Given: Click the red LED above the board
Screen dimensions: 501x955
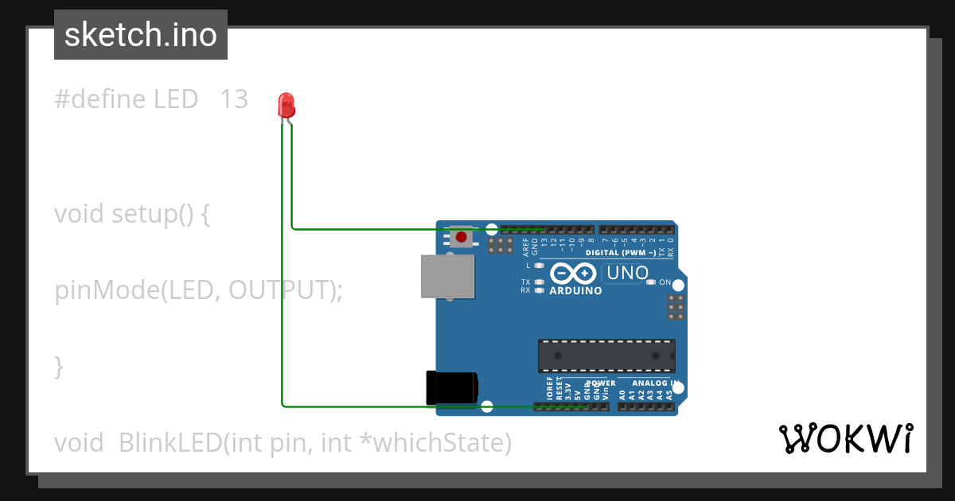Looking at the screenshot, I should click(286, 105).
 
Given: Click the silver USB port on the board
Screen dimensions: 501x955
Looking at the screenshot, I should click(447, 276).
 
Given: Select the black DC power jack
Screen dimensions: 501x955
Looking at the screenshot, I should click(452, 387).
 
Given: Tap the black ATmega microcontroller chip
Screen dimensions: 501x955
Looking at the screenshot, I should click(606, 355).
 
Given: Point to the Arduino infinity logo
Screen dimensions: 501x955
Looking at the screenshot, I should click(572, 274).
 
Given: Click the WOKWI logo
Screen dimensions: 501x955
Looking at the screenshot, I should click(846, 439).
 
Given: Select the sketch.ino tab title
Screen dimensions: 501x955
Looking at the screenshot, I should click(141, 35).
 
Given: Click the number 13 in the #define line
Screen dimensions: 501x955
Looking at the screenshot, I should click(234, 99).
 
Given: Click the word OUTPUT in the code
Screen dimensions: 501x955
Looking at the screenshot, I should click(278, 290).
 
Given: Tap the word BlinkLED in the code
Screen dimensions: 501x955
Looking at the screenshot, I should click(170, 443).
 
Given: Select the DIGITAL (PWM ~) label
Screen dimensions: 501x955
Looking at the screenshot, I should click(626, 253).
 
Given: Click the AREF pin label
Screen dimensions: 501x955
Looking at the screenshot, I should click(525, 246).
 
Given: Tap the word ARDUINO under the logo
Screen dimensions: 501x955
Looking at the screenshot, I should click(575, 291).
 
